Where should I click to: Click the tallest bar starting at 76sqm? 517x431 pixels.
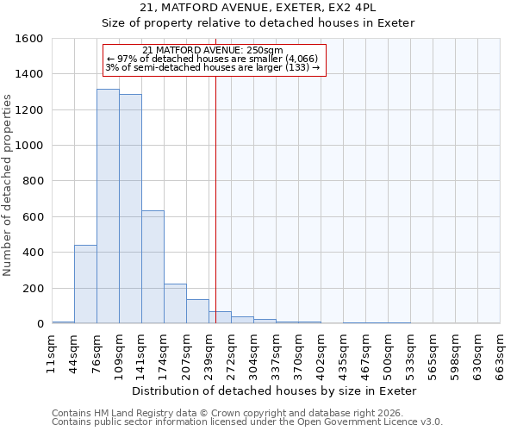(108, 207)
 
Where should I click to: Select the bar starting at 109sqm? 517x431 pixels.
(130, 209)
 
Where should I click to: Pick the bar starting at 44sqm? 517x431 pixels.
(85, 284)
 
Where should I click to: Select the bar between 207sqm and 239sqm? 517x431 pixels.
(197, 311)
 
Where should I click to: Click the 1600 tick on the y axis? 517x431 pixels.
(29, 39)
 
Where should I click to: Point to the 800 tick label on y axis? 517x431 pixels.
(33, 182)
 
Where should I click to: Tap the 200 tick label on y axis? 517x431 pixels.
(33, 289)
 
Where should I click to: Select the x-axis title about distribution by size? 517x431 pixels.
(275, 390)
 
